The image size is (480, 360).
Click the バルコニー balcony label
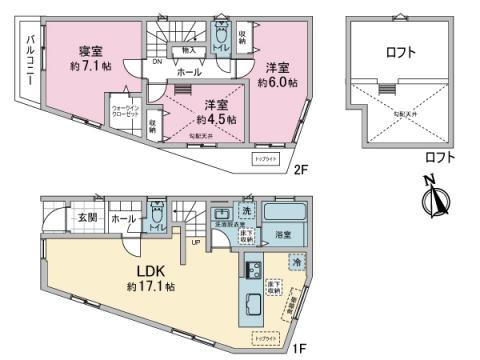tap(30, 62)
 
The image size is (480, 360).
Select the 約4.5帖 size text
tap(215, 119)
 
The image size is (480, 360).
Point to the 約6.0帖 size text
tap(282, 82)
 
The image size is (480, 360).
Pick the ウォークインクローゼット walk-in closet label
tap(124, 112)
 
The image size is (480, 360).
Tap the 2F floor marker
tap(299, 169)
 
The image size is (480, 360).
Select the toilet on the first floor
tap(156, 222)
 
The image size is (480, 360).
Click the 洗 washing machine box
tap(246, 211)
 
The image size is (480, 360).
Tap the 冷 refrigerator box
tap(297, 261)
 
